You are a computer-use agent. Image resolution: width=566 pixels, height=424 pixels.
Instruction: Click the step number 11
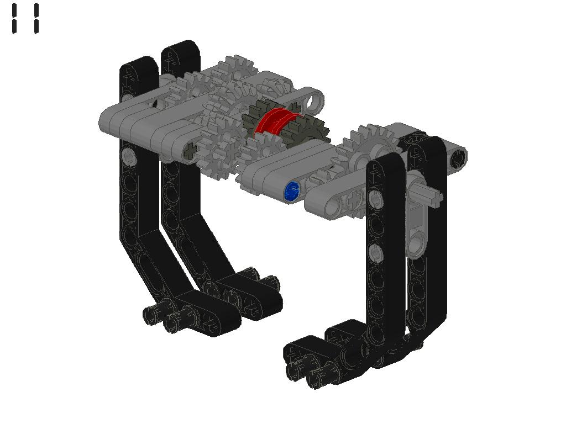pyautogui.click(x=25, y=19)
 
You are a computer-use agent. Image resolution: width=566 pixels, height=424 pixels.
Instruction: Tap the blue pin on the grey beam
pyautogui.click(x=291, y=191)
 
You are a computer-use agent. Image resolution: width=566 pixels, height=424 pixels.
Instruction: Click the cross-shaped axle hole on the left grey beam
pyautogui.click(x=190, y=150)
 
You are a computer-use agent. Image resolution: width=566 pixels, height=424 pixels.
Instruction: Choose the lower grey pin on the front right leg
pyautogui.click(x=375, y=253)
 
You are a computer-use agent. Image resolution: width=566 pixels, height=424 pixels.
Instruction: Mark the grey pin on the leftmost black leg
pyautogui.click(x=129, y=156)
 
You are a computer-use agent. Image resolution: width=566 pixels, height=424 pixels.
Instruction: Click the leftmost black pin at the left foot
pyautogui.click(x=151, y=315)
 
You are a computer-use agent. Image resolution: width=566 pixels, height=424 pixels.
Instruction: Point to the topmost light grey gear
pyautogui.click(x=238, y=69)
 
